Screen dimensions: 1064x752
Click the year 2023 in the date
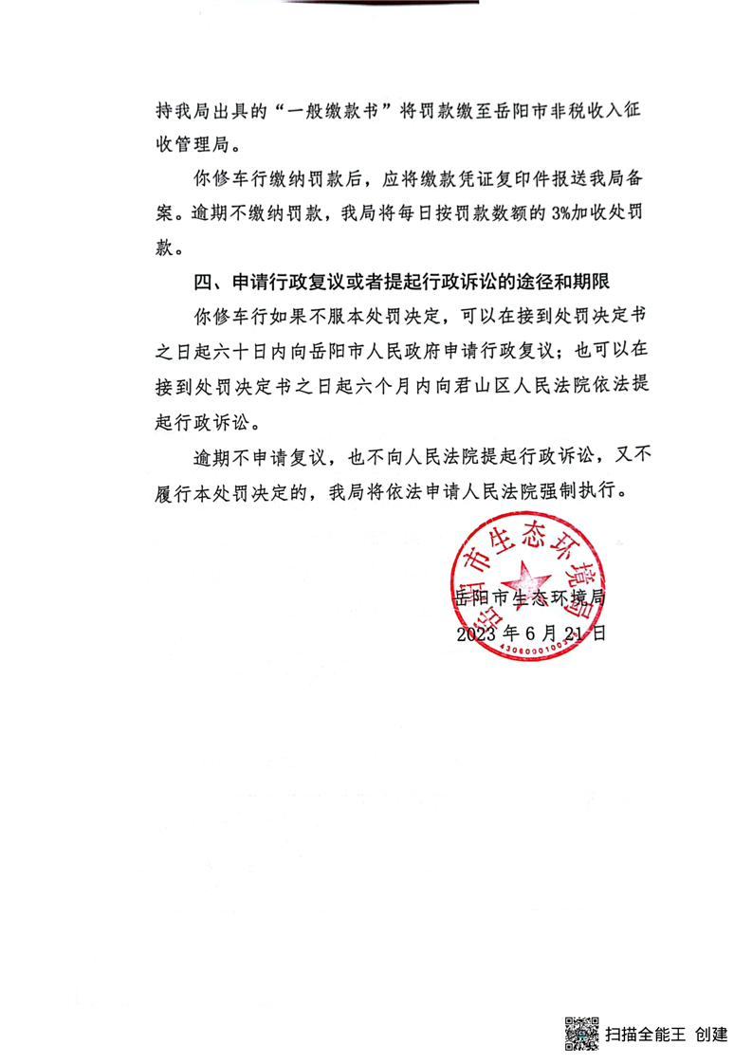click(477, 633)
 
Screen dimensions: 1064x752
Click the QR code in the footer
click(582, 1033)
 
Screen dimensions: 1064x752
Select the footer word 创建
click(711, 1034)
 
